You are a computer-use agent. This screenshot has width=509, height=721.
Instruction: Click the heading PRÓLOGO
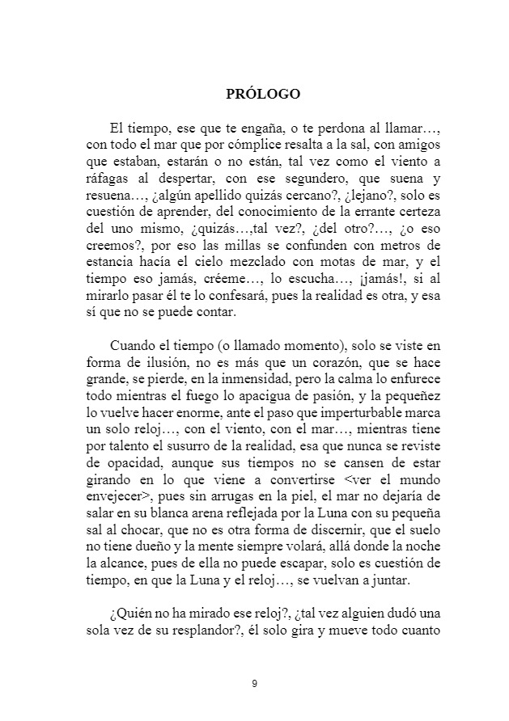click(263, 94)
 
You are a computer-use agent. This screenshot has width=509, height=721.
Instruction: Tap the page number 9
click(254, 685)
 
